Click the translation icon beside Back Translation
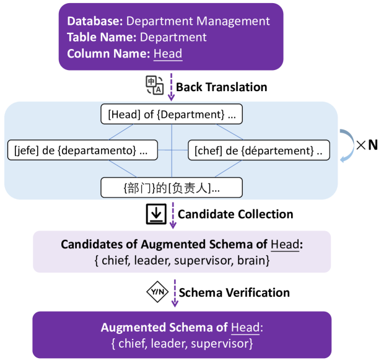pyautogui.click(x=155, y=86)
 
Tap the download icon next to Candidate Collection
pyautogui.click(x=155, y=214)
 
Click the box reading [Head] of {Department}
pyautogui.click(x=171, y=115)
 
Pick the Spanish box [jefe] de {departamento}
pyautogui.click(x=82, y=150)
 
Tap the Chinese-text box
pyautogui.click(x=171, y=187)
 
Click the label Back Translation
pyautogui.click(x=221, y=87)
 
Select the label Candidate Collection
pyautogui.click(x=235, y=214)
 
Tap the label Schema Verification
pyautogui.click(x=234, y=292)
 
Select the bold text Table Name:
pyautogui.click(x=100, y=37)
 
